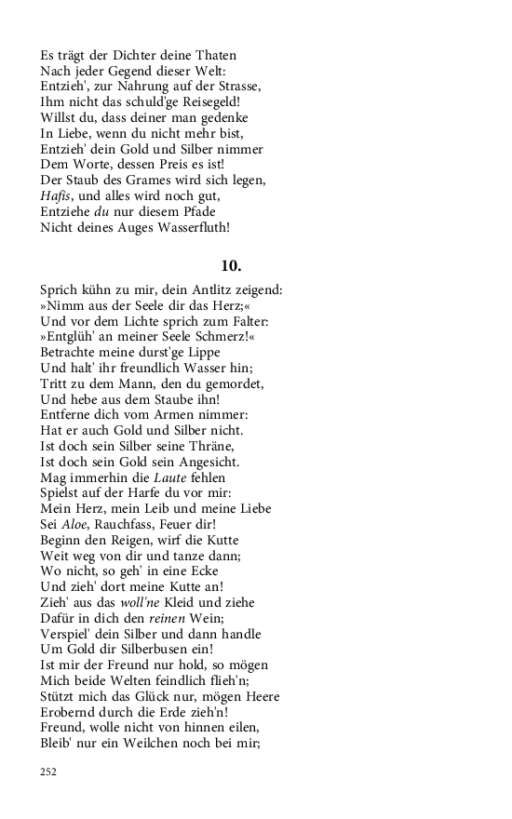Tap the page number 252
click(x=49, y=772)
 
